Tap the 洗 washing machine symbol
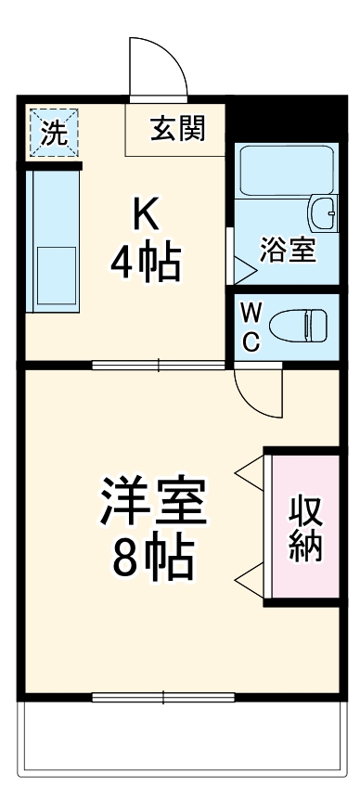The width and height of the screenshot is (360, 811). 54,133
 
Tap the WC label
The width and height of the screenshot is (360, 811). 251,326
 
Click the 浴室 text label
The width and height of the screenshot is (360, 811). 288,251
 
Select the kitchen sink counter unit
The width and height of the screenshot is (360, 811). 54,243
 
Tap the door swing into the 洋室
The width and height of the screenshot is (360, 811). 259,394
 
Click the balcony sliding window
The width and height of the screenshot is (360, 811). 163,697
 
